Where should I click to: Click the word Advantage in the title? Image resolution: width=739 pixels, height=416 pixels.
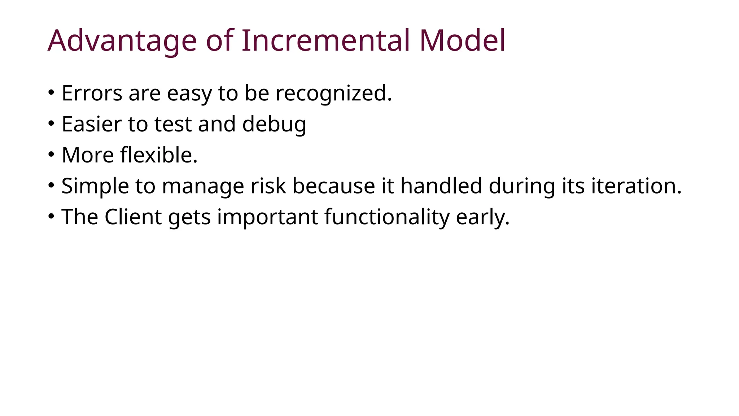coord(122,40)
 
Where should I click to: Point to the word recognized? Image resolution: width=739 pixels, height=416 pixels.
coord(333,94)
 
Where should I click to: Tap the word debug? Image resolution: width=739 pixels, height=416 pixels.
coord(274,125)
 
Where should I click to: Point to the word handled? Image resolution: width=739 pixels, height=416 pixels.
coord(441,186)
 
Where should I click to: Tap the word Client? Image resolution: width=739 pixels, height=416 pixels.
coord(133,217)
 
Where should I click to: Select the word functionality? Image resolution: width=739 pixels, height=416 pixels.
coord(387,218)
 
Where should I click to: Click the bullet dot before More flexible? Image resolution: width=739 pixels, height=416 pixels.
coord(51,155)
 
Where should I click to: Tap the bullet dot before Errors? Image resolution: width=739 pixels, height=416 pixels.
coord(51,92)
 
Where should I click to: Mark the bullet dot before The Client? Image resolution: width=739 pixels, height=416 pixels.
coord(51,216)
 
